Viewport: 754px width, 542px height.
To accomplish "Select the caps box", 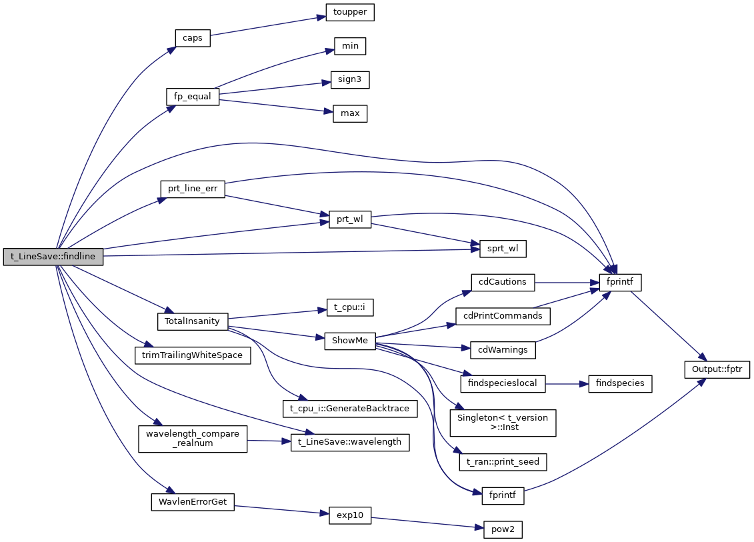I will [193, 38].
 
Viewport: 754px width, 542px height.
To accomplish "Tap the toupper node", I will [350, 12].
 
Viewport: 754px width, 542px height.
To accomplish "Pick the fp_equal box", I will [193, 96].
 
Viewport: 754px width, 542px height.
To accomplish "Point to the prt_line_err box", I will [193, 189].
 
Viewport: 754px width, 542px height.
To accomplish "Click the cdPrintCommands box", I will [503, 315].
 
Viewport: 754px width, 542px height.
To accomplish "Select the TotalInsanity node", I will [193, 321].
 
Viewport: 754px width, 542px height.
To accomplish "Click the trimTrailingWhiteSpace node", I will [193, 355].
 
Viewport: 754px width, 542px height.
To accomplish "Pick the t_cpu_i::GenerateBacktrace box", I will [350, 407].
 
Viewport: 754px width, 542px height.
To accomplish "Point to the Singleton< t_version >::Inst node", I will [503, 423].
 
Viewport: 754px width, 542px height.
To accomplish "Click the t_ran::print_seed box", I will [503, 461].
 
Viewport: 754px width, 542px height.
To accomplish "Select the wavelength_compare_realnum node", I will [193, 438].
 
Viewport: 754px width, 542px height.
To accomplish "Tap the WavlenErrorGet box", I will [193, 502].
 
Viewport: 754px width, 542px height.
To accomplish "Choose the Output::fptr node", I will [717, 369].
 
